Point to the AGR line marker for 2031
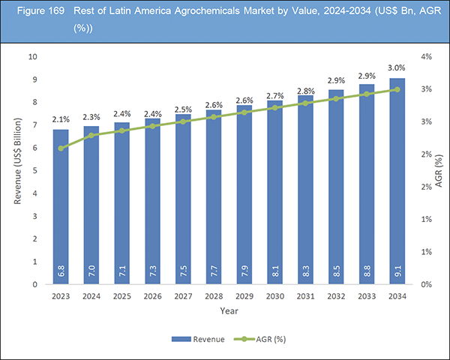306,103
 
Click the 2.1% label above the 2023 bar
61,118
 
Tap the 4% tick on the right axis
425,57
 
